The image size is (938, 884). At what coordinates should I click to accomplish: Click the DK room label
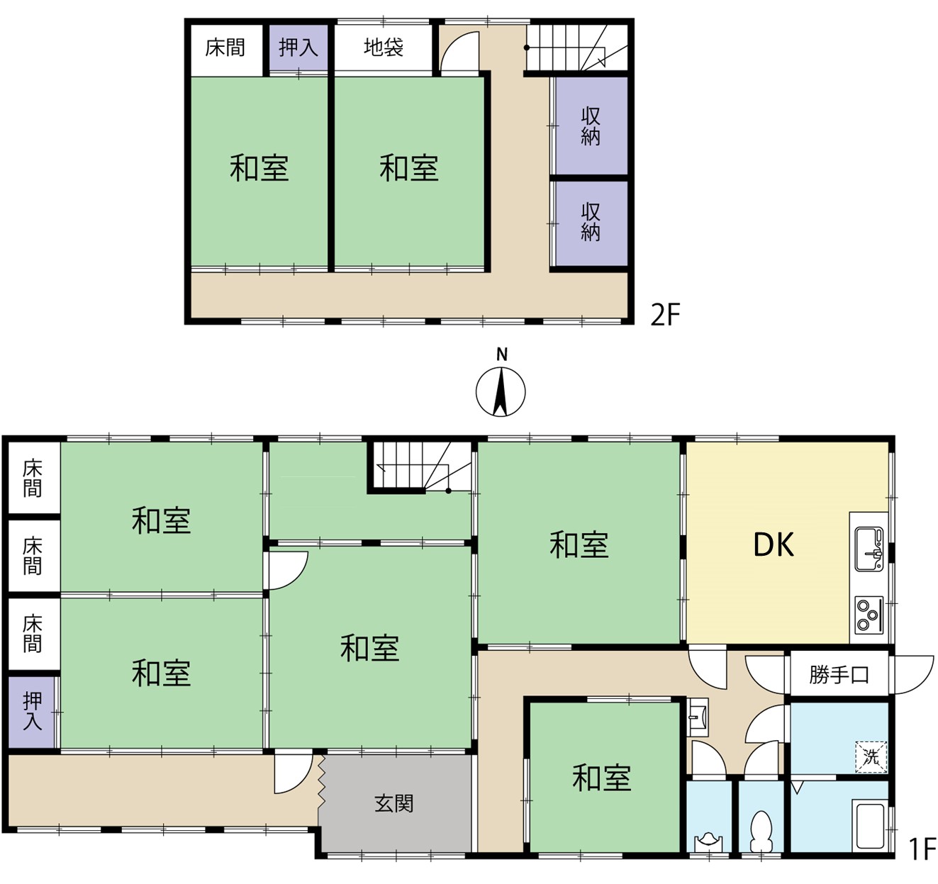point(774,544)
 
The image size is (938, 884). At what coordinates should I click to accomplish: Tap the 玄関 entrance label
point(394,803)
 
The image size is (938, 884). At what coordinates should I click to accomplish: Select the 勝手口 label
point(839,675)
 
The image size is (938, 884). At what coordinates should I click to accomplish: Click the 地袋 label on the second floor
point(384,47)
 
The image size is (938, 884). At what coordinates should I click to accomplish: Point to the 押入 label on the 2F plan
point(298,47)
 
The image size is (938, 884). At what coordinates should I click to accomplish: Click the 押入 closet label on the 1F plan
point(32,711)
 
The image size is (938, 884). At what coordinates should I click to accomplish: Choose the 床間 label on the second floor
point(225,47)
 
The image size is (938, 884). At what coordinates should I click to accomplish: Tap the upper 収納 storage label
point(591,126)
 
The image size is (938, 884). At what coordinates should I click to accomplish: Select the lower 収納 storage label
point(591,222)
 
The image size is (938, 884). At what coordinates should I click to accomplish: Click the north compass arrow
point(501,392)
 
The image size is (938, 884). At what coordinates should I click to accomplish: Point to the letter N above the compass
point(501,354)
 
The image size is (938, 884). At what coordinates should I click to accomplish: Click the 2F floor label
point(665,315)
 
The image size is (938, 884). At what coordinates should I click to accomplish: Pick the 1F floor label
point(922,849)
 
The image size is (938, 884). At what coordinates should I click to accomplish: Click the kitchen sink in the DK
point(869,549)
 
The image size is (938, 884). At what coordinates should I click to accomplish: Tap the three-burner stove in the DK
point(869,615)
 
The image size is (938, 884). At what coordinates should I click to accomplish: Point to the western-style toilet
point(761,832)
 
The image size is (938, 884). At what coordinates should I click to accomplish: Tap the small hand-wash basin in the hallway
point(697,717)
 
